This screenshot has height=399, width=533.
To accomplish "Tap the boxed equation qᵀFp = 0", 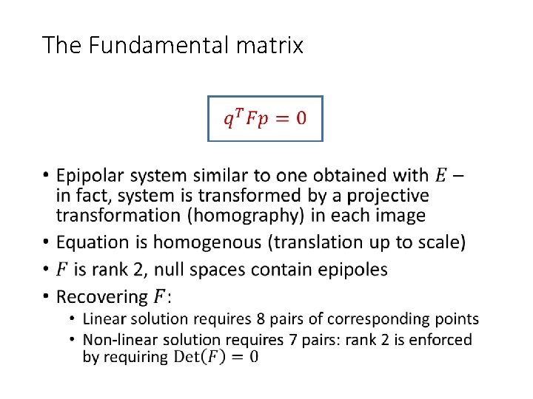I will [x=265, y=117].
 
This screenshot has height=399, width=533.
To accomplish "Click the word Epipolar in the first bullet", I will [x=90, y=176].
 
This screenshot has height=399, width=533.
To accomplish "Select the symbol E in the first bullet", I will [x=440, y=176].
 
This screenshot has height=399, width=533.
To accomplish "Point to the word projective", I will [x=389, y=196].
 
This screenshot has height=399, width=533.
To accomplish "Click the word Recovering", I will [x=102, y=297].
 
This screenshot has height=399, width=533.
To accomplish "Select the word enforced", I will [x=439, y=340].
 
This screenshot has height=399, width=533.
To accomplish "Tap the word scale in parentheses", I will [x=439, y=242].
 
